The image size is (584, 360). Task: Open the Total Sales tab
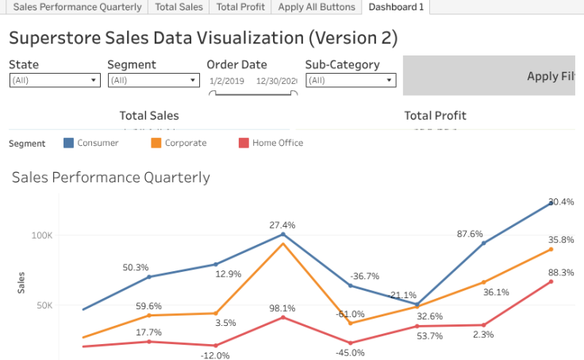click(179, 7)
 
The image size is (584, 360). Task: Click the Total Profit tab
click(240, 7)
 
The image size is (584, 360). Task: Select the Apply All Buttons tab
click(316, 7)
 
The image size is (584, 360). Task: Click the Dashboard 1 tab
click(396, 7)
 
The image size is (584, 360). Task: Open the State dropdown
click(55, 80)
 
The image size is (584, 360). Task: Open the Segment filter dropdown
click(153, 80)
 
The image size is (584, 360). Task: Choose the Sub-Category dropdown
click(350, 80)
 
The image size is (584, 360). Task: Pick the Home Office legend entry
click(277, 144)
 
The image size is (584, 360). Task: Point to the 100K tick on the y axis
click(42, 236)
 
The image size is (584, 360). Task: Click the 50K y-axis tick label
click(44, 305)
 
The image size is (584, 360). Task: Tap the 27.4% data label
click(282, 225)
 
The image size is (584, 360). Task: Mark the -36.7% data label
click(365, 276)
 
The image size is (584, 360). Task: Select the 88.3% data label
click(561, 273)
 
